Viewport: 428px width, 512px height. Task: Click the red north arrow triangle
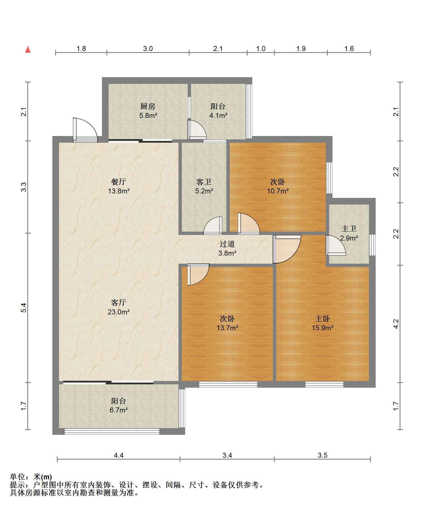tap(28, 50)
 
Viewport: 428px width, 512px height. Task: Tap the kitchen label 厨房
tap(148, 106)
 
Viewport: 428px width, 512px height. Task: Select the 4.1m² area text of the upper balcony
tap(218, 115)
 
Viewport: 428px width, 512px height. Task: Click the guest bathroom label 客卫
tap(204, 182)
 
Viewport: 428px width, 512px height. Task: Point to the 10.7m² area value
tap(278, 191)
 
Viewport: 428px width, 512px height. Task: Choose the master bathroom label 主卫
tap(349, 229)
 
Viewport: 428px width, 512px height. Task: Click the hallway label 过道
tap(227, 244)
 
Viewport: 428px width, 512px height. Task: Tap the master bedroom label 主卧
tap(322, 318)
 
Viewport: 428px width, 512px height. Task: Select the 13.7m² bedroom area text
tap(227, 328)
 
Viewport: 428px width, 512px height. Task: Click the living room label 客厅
tap(119, 302)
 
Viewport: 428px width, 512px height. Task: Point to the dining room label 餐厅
tap(119, 182)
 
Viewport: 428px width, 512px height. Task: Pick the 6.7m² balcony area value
tap(119, 410)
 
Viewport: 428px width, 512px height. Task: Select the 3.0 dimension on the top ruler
tap(148, 49)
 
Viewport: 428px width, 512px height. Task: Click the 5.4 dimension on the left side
tap(24, 307)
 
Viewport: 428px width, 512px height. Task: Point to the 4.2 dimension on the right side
tap(396, 324)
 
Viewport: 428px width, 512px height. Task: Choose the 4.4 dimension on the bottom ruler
tap(119, 455)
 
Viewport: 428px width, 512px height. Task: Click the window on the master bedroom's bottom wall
tap(324, 384)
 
